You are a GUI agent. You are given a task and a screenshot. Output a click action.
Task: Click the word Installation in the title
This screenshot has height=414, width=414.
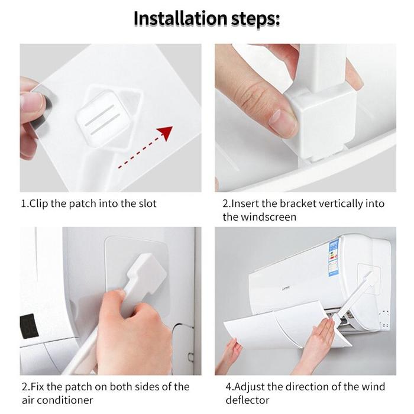[x=180, y=18]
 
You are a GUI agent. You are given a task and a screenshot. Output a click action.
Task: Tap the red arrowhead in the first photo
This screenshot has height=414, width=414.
[x=164, y=133]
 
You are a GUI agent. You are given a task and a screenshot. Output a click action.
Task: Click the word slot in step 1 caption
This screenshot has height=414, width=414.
[x=147, y=203]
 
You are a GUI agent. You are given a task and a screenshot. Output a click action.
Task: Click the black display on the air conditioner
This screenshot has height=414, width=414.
[x=29, y=326]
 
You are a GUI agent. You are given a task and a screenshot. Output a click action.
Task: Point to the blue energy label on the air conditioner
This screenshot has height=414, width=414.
[x=334, y=258]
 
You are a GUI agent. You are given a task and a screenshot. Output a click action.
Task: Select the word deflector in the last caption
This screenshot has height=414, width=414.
[x=247, y=400]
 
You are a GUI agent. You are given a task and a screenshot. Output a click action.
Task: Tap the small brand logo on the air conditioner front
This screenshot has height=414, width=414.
[x=287, y=287]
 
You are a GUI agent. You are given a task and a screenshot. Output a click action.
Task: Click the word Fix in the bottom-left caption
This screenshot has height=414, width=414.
[x=37, y=387]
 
